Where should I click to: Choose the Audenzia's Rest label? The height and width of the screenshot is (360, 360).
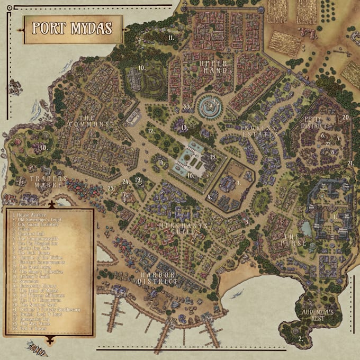[318, 316]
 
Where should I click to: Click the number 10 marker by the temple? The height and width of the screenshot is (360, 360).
[142, 68]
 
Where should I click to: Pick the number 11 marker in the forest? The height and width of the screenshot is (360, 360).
[172, 38]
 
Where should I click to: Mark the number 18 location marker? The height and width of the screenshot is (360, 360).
[44, 148]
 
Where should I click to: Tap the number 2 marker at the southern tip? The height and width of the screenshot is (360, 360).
[300, 338]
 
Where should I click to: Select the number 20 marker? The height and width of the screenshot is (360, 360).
[346, 117]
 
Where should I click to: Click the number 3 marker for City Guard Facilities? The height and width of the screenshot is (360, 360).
[238, 183]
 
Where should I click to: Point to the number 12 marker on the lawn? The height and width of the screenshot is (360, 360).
[151, 130]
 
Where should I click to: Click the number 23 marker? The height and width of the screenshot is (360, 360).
[186, 106]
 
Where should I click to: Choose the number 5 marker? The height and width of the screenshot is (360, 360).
[247, 222]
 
